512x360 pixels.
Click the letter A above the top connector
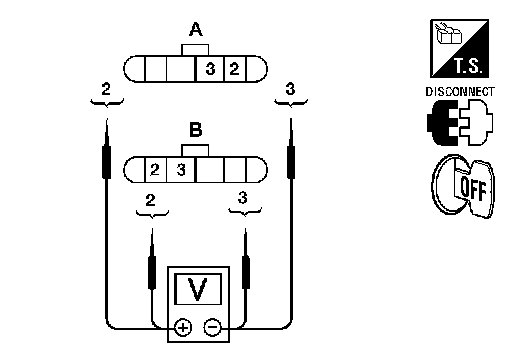click(x=196, y=29)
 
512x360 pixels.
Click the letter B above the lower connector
click(x=196, y=130)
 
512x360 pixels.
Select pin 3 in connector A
click(x=210, y=69)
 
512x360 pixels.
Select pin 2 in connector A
click(x=235, y=69)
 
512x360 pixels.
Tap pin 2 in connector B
click(x=155, y=170)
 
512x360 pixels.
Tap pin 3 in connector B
click(x=181, y=170)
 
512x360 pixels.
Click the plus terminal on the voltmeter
click(x=183, y=327)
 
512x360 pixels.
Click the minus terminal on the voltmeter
click(x=212, y=327)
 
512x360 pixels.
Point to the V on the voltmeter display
click(x=197, y=289)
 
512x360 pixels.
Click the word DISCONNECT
click(x=460, y=92)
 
